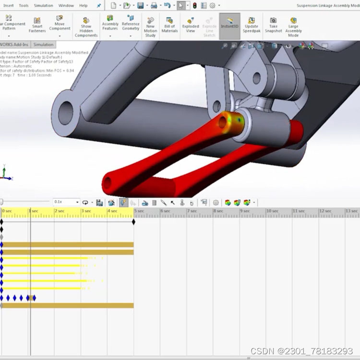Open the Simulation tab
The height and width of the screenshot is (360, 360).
pyautogui.click(x=44, y=45)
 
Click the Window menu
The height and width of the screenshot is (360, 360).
pyautogui.click(x=66, y=6)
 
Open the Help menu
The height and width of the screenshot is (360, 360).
pyautogui.click(x=84, y=6)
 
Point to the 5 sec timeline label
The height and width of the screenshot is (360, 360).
pyautogui.click(x=139, y=211)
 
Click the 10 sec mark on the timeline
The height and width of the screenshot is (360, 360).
pyautogui.click(x=272, y=211)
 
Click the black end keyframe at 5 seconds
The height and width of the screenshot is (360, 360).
pyautogui.click(x=133, y=221)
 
